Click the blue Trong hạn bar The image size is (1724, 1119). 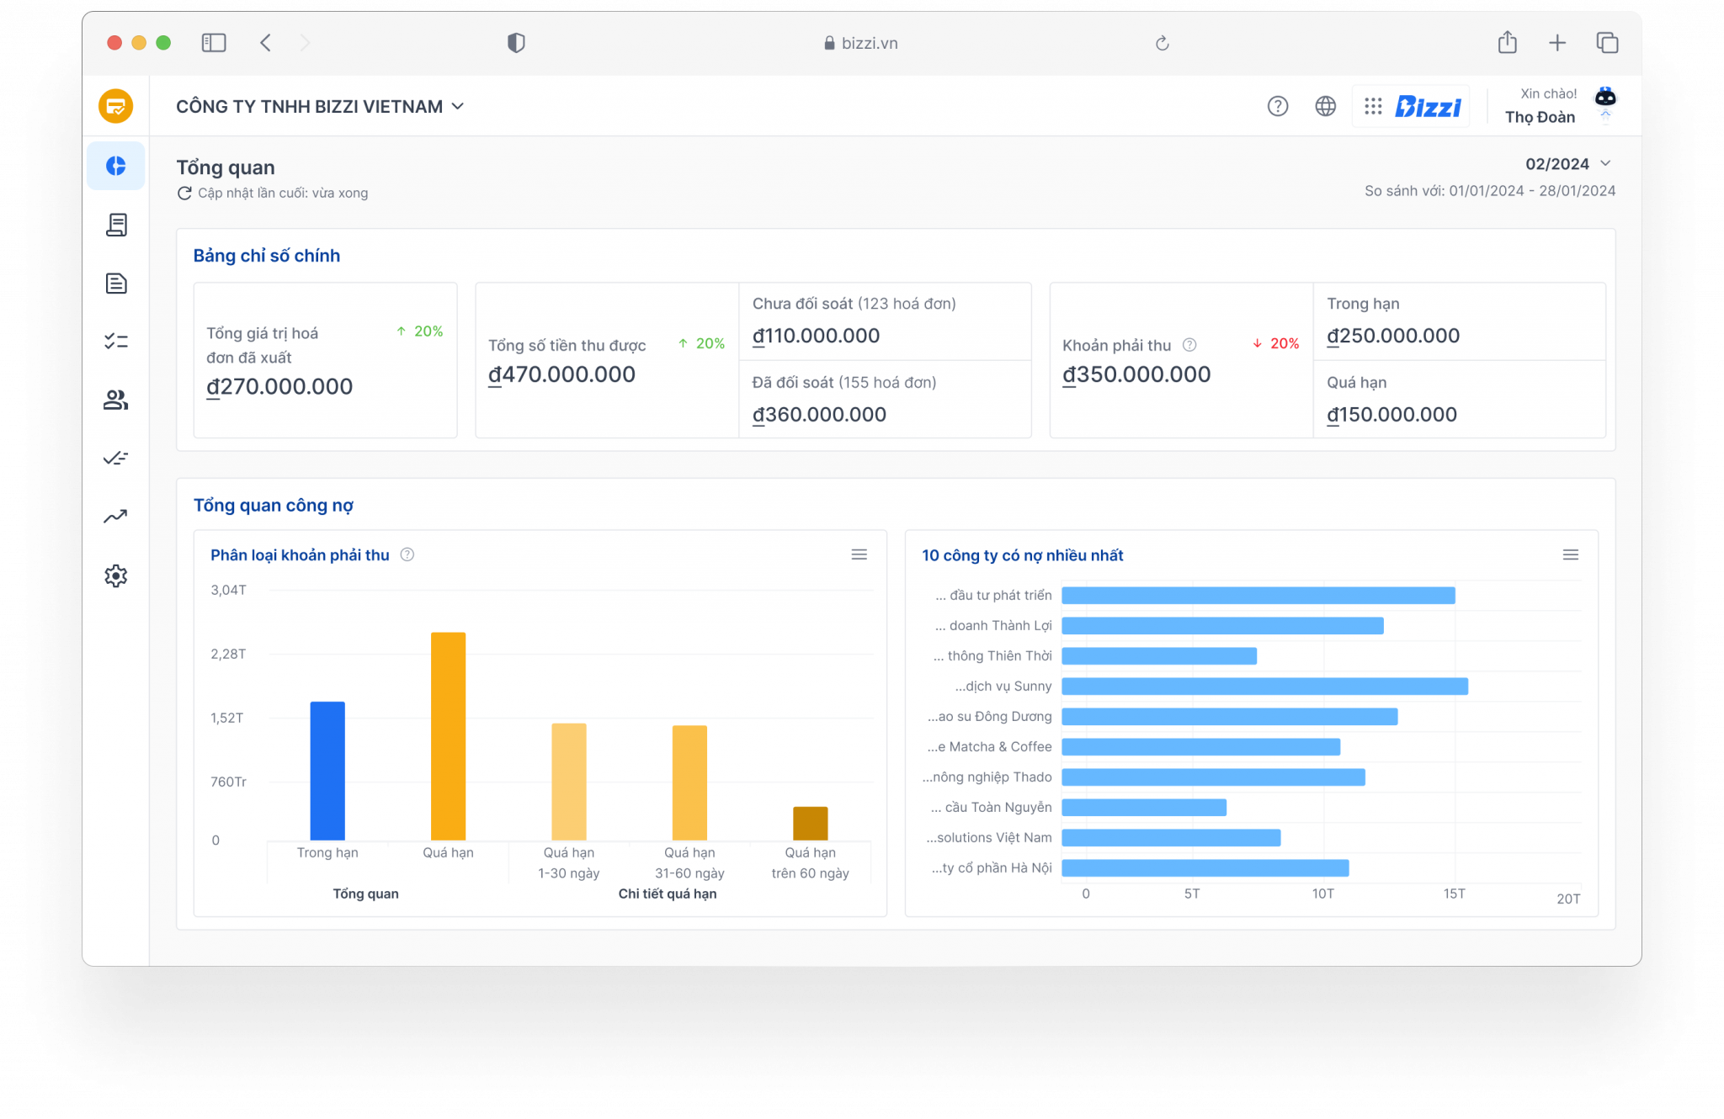327,771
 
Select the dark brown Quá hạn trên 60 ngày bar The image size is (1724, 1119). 810,824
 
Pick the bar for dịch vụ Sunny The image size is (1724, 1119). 1264,687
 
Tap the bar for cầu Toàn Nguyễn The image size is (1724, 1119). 1144,808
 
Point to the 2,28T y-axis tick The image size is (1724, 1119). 228,654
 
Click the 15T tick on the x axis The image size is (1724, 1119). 1454,894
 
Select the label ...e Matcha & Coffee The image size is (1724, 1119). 990,747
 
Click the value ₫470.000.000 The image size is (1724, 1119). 561,374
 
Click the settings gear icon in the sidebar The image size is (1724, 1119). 116,576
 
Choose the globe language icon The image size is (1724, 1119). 1325,106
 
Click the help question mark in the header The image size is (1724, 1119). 1277,106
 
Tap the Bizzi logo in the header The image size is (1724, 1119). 1428,107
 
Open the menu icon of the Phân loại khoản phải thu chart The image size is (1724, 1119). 859,554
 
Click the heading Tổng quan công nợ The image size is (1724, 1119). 274,506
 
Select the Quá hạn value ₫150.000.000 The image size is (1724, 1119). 1391,415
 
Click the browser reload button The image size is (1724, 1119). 1162,43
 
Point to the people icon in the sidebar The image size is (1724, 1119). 116,400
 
